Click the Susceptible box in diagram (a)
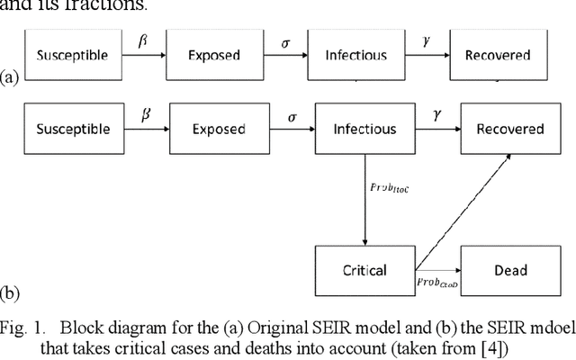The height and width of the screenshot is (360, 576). pyautogui.click(x=72, y=55)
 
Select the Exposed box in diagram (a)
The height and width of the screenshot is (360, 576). pyautogui.click(x=213, y=55)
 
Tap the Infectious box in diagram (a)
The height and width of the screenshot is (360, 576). pyautogui.click(x=355, y=55)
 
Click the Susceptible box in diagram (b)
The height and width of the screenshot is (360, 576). pyautogui.click(x=72, y=129)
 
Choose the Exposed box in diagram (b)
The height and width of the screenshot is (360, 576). pyautogui.click(x=219, y=129)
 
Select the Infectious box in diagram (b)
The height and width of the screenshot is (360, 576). pyautogui.click(x=364, y=129)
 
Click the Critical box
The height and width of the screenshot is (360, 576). pyautogui.click(x=364, y=269)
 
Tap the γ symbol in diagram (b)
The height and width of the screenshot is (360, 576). pyautogui.click(x=436, y=115)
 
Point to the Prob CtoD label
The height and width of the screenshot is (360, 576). pyautogui.click(x=437, y=283)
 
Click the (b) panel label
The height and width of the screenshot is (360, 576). pyautogui.click(x=11, y=293)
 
